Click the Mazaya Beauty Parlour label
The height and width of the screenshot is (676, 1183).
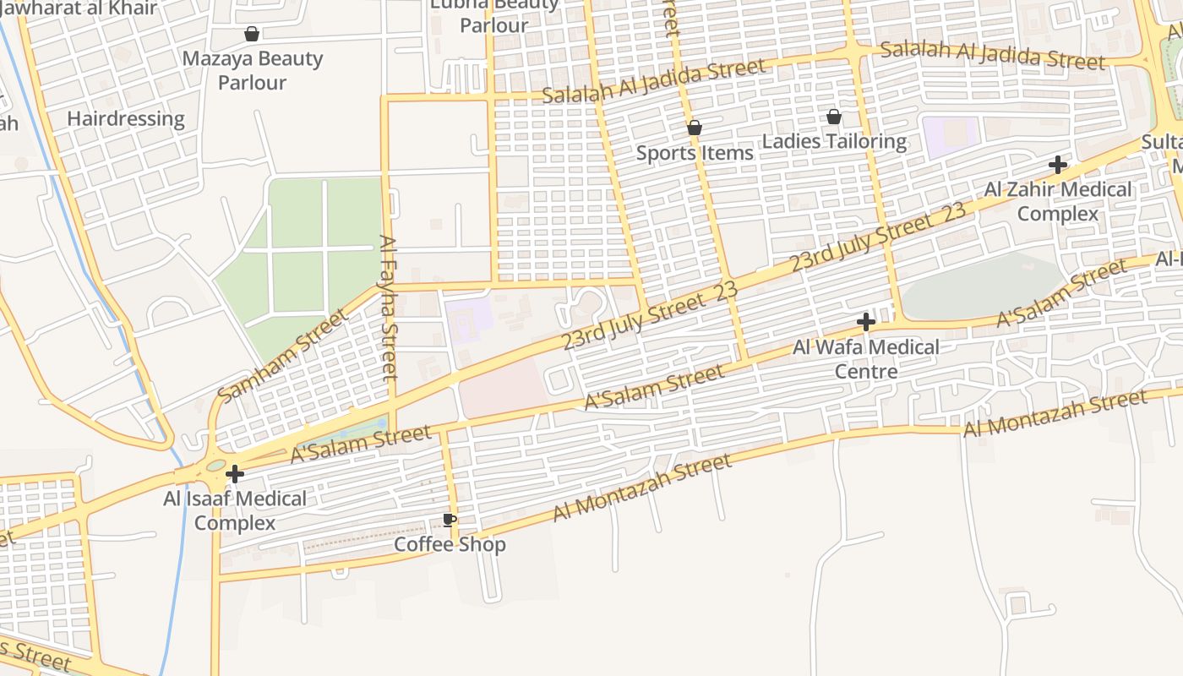(x=253, y=70)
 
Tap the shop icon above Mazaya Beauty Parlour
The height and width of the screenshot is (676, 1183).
(x=251, y=34)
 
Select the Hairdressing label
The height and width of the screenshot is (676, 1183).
(x=126, y=118)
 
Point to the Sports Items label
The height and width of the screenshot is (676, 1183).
(x=695, y=153)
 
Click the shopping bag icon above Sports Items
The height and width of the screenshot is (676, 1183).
(x=695, y=128)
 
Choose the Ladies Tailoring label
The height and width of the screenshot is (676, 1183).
(x=835, y=141)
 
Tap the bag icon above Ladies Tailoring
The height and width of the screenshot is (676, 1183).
(x=834, y=117)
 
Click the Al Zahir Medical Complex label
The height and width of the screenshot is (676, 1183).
(x=1057, y=201)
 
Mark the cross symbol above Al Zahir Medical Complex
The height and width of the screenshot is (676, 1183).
(x=1057, y=165)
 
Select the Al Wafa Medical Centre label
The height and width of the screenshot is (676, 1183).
(x=866, y=359)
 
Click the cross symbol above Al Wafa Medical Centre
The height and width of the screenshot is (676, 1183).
(x=865, y=322)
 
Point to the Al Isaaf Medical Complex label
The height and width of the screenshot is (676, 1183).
(x=235, y=510)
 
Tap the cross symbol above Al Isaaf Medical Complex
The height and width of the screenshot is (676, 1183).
(x=235, y=474)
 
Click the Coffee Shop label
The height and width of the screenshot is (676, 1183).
(x=450, y=544)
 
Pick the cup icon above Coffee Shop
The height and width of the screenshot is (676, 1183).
(x=450, y=520)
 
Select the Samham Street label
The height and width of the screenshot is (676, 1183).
(x=281, y=356)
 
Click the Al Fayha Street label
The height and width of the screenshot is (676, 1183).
(x=389, y=308)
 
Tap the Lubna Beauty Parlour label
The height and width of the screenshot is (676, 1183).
(x=494, y=15)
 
